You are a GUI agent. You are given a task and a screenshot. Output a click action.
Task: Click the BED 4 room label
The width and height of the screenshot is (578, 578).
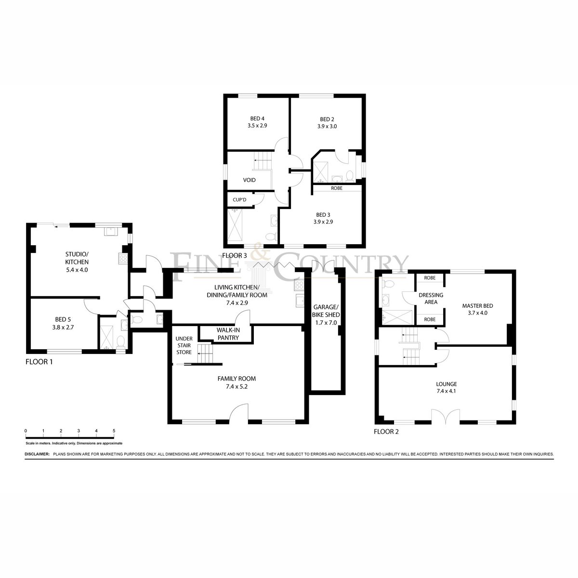pos(257,118)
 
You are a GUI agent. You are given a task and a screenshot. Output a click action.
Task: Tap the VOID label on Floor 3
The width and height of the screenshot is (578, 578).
pos(249,180)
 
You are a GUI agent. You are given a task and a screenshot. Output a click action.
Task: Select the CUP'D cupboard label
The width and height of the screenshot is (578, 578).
pos(239,199)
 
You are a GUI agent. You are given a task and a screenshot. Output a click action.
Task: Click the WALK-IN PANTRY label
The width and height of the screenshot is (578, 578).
pos(228,334)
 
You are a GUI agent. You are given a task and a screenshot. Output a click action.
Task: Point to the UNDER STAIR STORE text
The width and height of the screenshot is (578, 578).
pos(184,345)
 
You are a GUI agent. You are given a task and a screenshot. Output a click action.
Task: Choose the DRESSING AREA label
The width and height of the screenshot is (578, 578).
pos(431,299)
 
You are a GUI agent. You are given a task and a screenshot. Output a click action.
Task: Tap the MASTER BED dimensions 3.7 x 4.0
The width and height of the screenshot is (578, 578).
pos(477,313)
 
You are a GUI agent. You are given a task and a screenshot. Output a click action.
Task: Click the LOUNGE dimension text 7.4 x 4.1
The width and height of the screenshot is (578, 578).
pos(447,391)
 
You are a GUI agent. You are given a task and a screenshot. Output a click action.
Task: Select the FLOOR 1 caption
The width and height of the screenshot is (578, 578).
pos(39,362)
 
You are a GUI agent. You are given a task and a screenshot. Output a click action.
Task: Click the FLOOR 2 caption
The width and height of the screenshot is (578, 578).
pos(386,432)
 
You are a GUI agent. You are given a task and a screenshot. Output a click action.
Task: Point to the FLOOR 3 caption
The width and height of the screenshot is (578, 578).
pos(235,256)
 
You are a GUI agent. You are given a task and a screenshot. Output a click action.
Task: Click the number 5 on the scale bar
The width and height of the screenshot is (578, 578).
pos(114,431)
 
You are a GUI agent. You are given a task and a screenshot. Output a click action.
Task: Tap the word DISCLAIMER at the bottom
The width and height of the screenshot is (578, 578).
pos(37,454)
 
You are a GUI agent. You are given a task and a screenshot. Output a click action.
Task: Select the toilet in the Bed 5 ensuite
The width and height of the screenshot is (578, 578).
pos(120,342)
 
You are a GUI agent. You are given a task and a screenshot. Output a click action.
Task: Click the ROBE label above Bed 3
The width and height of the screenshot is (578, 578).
pos(337,188)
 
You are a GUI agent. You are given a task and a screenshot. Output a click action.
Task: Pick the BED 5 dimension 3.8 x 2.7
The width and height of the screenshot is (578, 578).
pos(63,327)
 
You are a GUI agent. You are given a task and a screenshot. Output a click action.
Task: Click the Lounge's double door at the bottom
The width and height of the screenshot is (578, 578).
pos(446,417)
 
